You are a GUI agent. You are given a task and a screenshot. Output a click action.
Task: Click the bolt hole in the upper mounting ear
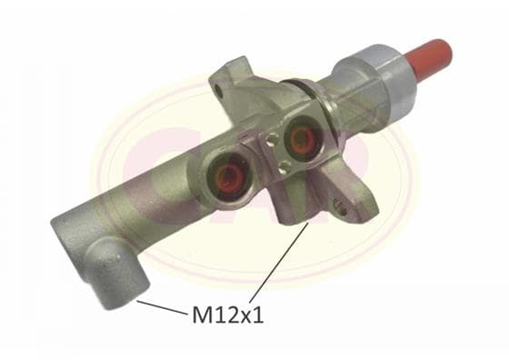click(x=220, y=92)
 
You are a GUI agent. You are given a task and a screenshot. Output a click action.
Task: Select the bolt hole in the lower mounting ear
click(x=339, y=206)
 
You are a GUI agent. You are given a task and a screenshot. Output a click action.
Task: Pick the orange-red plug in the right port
click(x=303, y=139)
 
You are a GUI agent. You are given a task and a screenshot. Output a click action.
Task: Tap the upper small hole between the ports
click(x=271, y=139)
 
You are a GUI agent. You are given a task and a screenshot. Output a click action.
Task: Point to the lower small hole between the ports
click(x=284, y=166)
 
